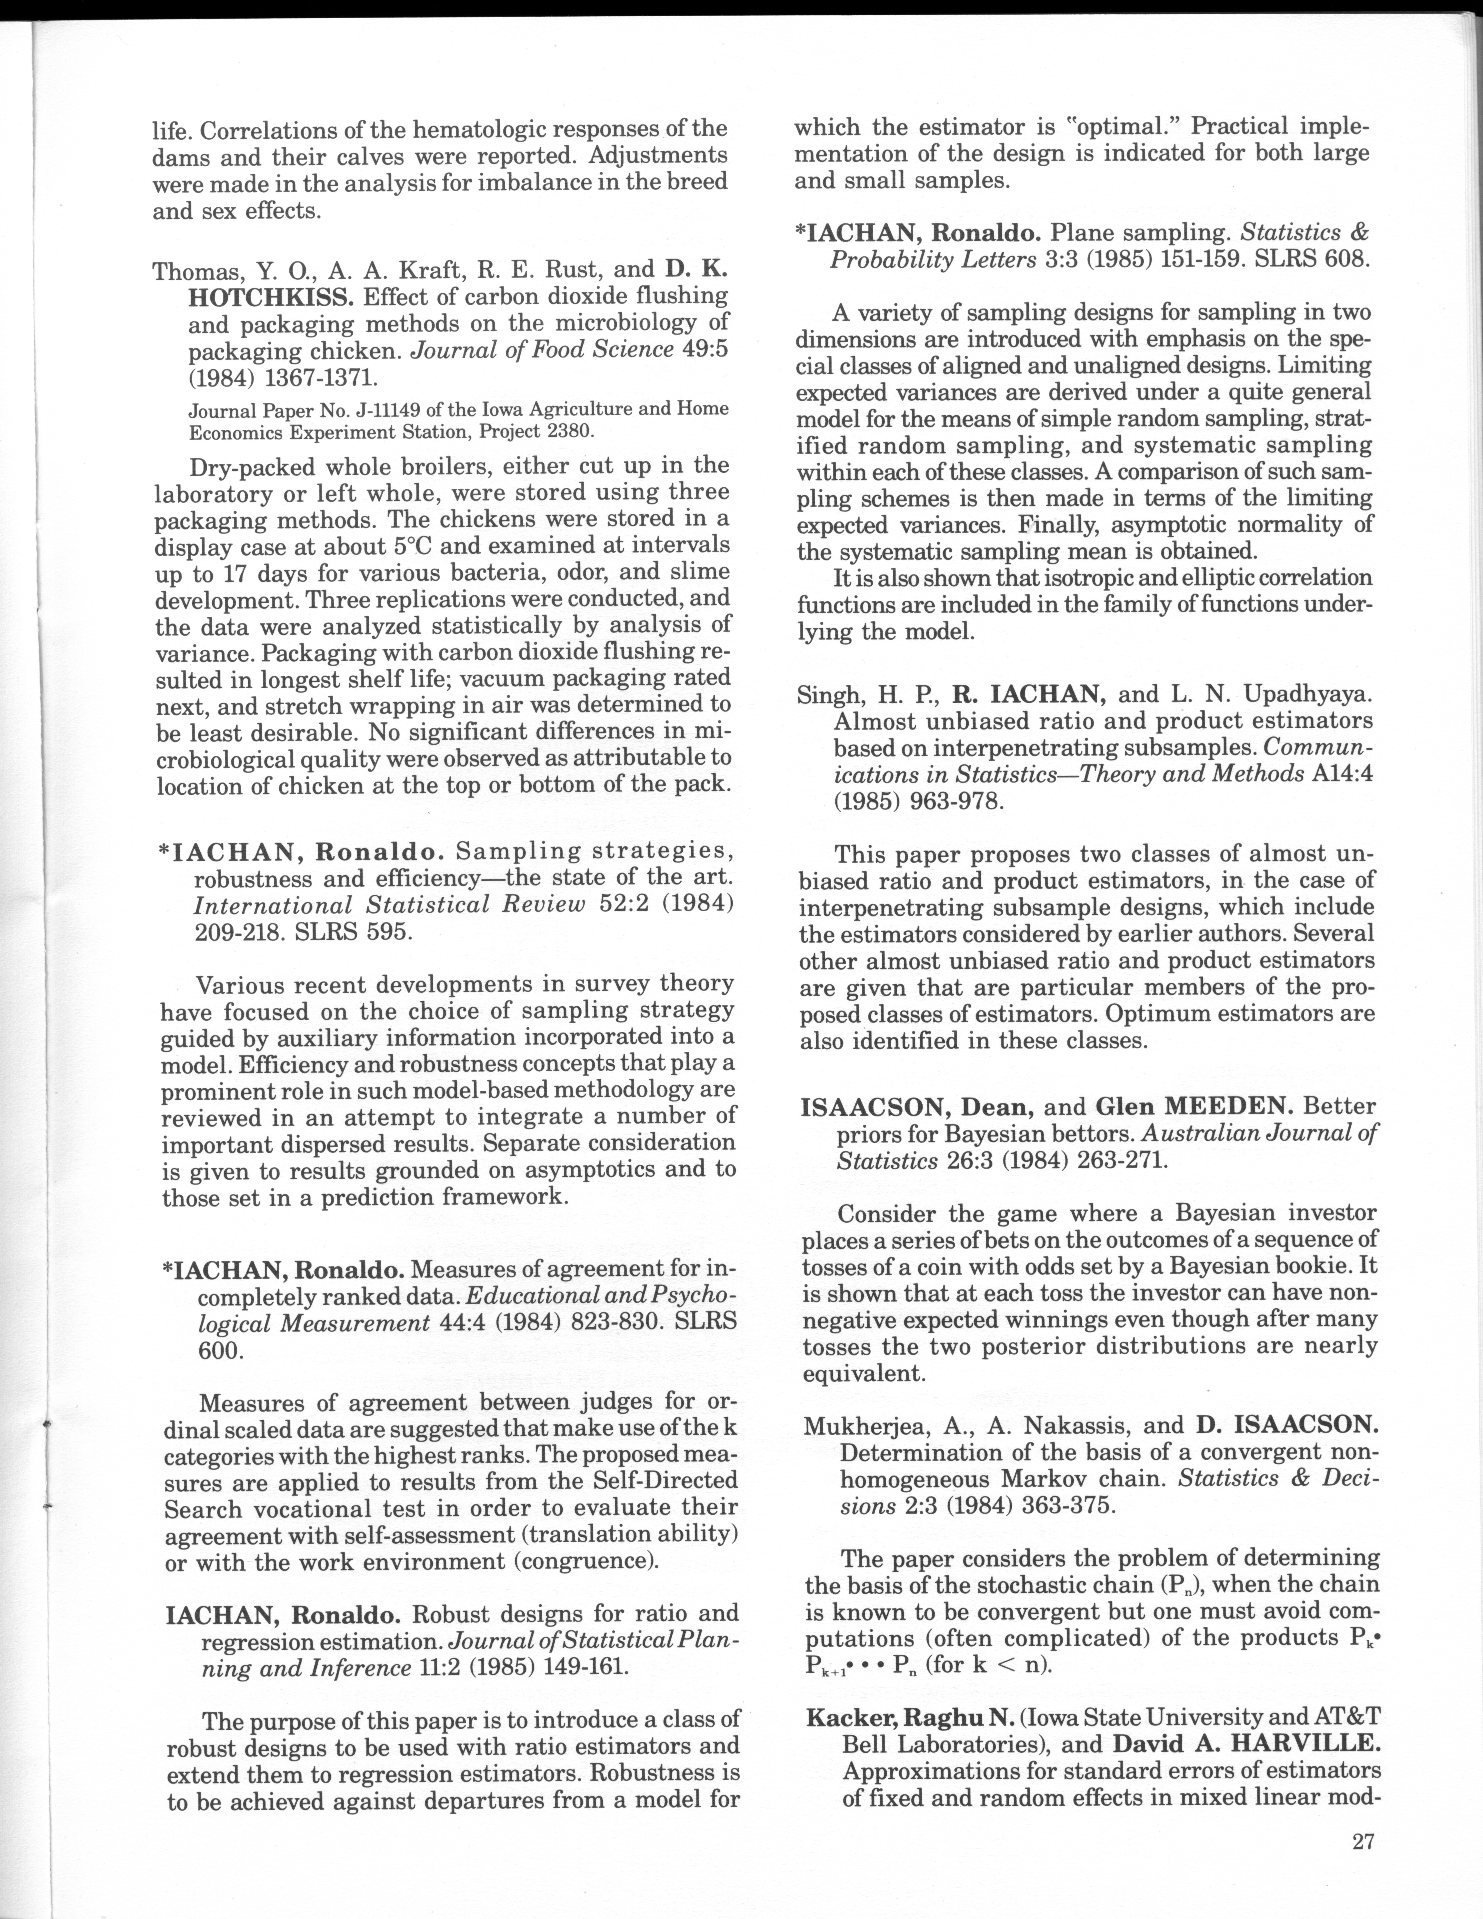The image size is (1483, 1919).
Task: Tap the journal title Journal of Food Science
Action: coord(543,350)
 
